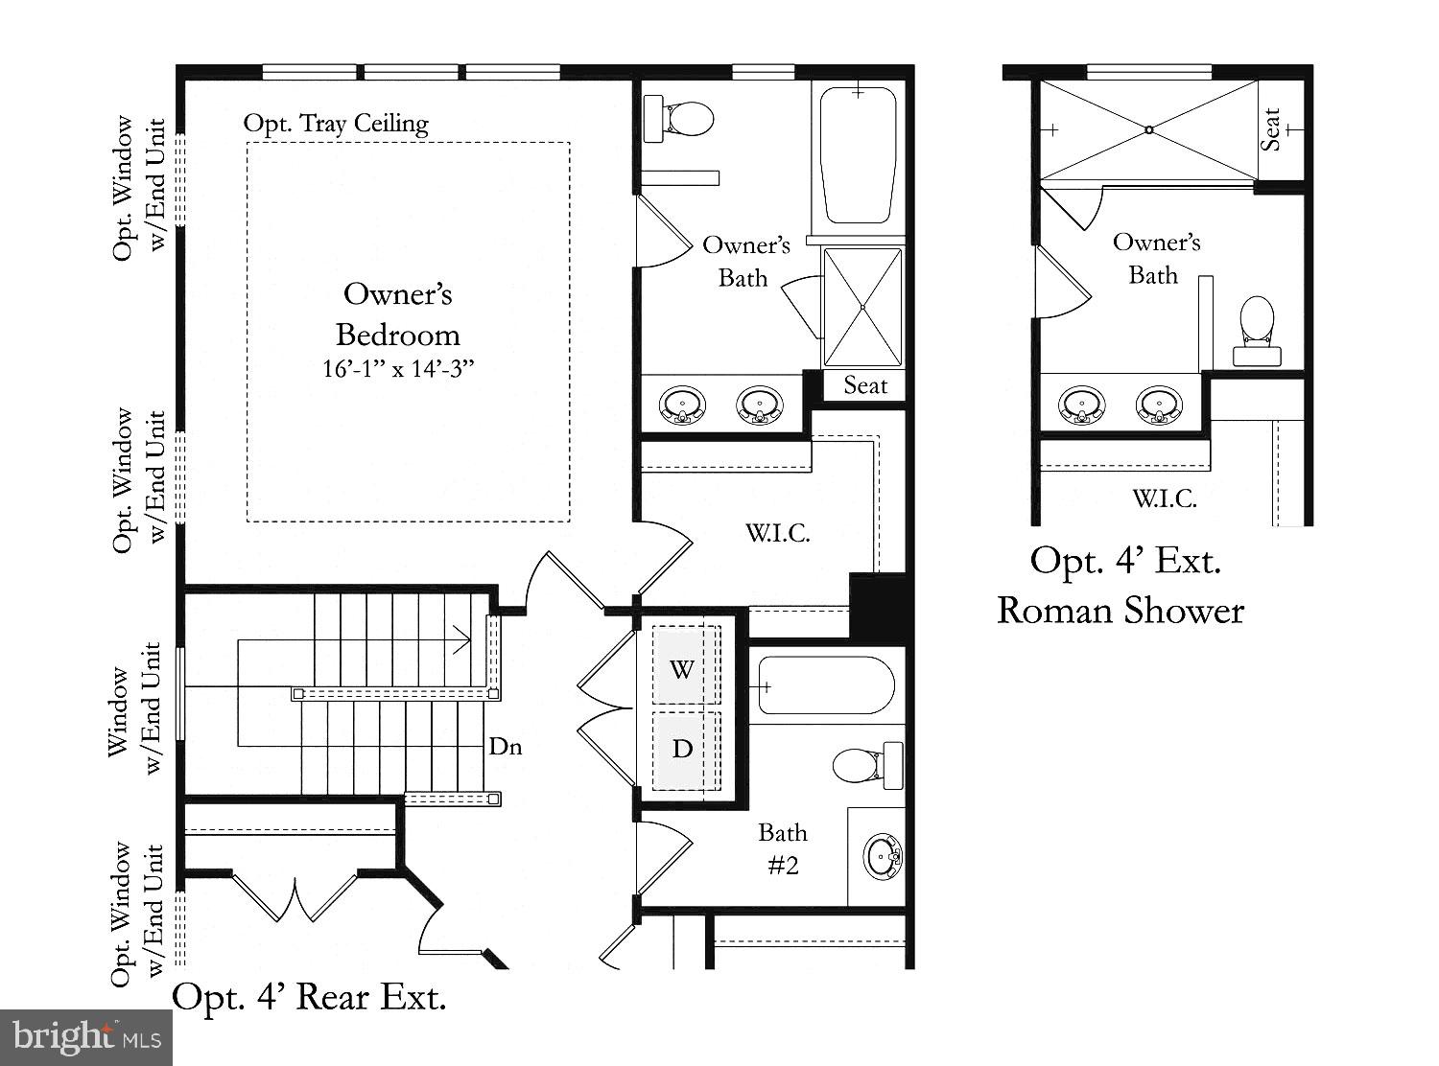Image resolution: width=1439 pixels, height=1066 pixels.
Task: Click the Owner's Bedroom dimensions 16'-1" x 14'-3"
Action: click(x=398, y=368)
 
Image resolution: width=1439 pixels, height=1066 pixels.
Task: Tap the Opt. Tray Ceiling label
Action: click(x=336, y=124)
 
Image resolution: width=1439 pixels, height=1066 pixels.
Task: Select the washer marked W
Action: click(x=682, y=668)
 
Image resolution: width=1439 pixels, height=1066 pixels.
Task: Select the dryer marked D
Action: click(x=682, y=749)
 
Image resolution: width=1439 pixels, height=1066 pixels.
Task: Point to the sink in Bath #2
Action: click(x=882, y=856)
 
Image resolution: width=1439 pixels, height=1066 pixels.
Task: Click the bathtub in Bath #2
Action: click(x=826, y=685)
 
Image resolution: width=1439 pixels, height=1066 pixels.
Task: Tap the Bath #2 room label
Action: click(x=783, y=848)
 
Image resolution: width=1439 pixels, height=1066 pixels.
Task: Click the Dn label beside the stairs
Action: click(x=506, y=746)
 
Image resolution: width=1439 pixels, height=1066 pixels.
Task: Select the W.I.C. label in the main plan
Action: click(x=778, y=533)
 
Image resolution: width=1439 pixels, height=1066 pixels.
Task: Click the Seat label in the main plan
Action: click(x=865, y=385)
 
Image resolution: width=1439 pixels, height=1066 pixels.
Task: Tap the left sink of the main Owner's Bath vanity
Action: click(x=682, y=405)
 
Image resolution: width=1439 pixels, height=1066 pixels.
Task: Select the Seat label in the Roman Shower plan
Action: click(x=1271, y=129)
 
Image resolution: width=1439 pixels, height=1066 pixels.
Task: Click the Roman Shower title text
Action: click(x=1121, y=611)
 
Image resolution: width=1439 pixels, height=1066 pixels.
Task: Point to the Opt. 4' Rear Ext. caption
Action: click(x=309, y=997)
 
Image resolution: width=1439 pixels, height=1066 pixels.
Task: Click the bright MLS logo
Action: click(x=86, y=1036)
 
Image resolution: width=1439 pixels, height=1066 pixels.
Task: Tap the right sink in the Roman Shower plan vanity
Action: click(x=1158, y=405)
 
